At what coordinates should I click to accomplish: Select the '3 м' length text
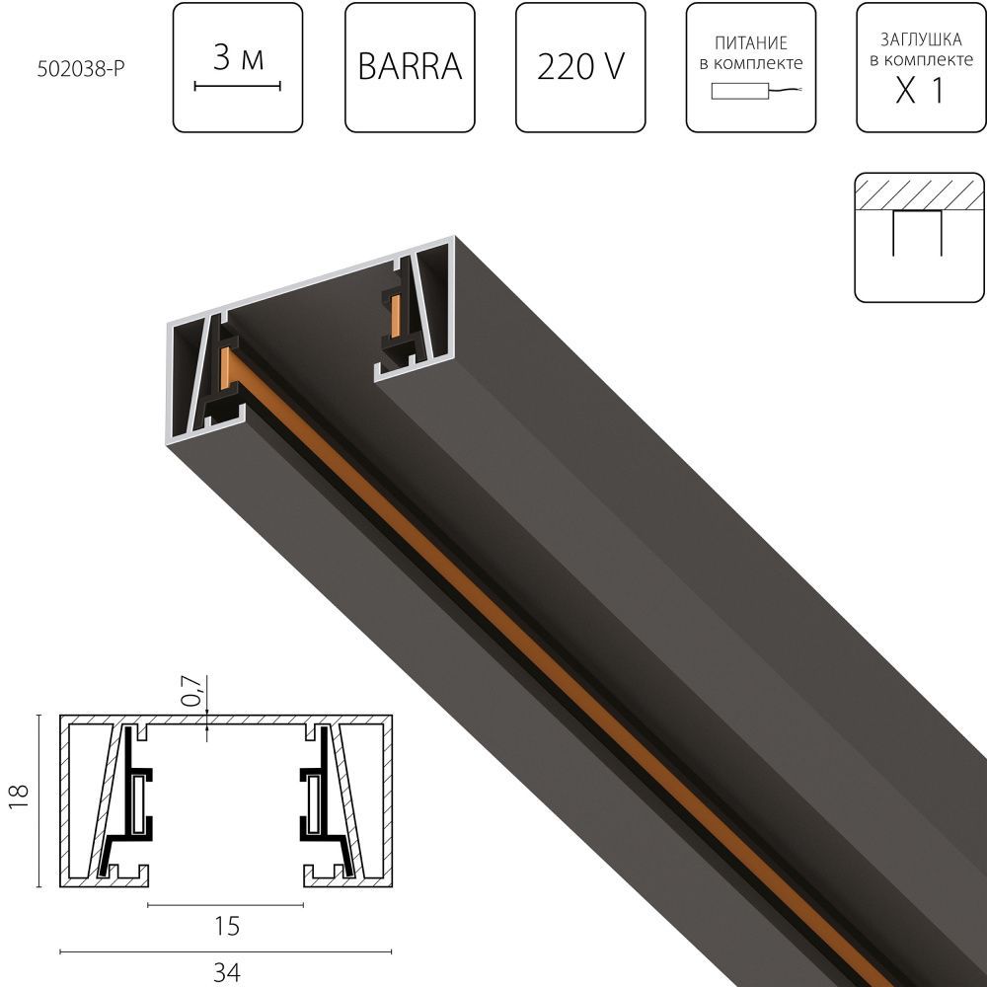[238, 59]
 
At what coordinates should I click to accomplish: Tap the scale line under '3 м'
[238, 87]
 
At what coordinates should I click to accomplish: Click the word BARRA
[410, 67]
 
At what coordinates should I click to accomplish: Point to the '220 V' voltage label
[580, 67]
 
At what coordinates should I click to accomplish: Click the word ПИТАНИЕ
[751, 43]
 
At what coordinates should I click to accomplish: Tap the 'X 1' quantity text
[920, 93]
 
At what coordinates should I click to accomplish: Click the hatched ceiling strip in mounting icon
[920, 191]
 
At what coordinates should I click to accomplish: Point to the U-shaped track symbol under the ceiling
[918, 233]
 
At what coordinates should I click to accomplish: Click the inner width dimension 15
[226, 927]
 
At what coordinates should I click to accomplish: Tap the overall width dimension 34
[226, 972]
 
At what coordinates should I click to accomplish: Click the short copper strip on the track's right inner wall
[396, 316]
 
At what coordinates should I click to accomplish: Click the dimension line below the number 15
[226, 904]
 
